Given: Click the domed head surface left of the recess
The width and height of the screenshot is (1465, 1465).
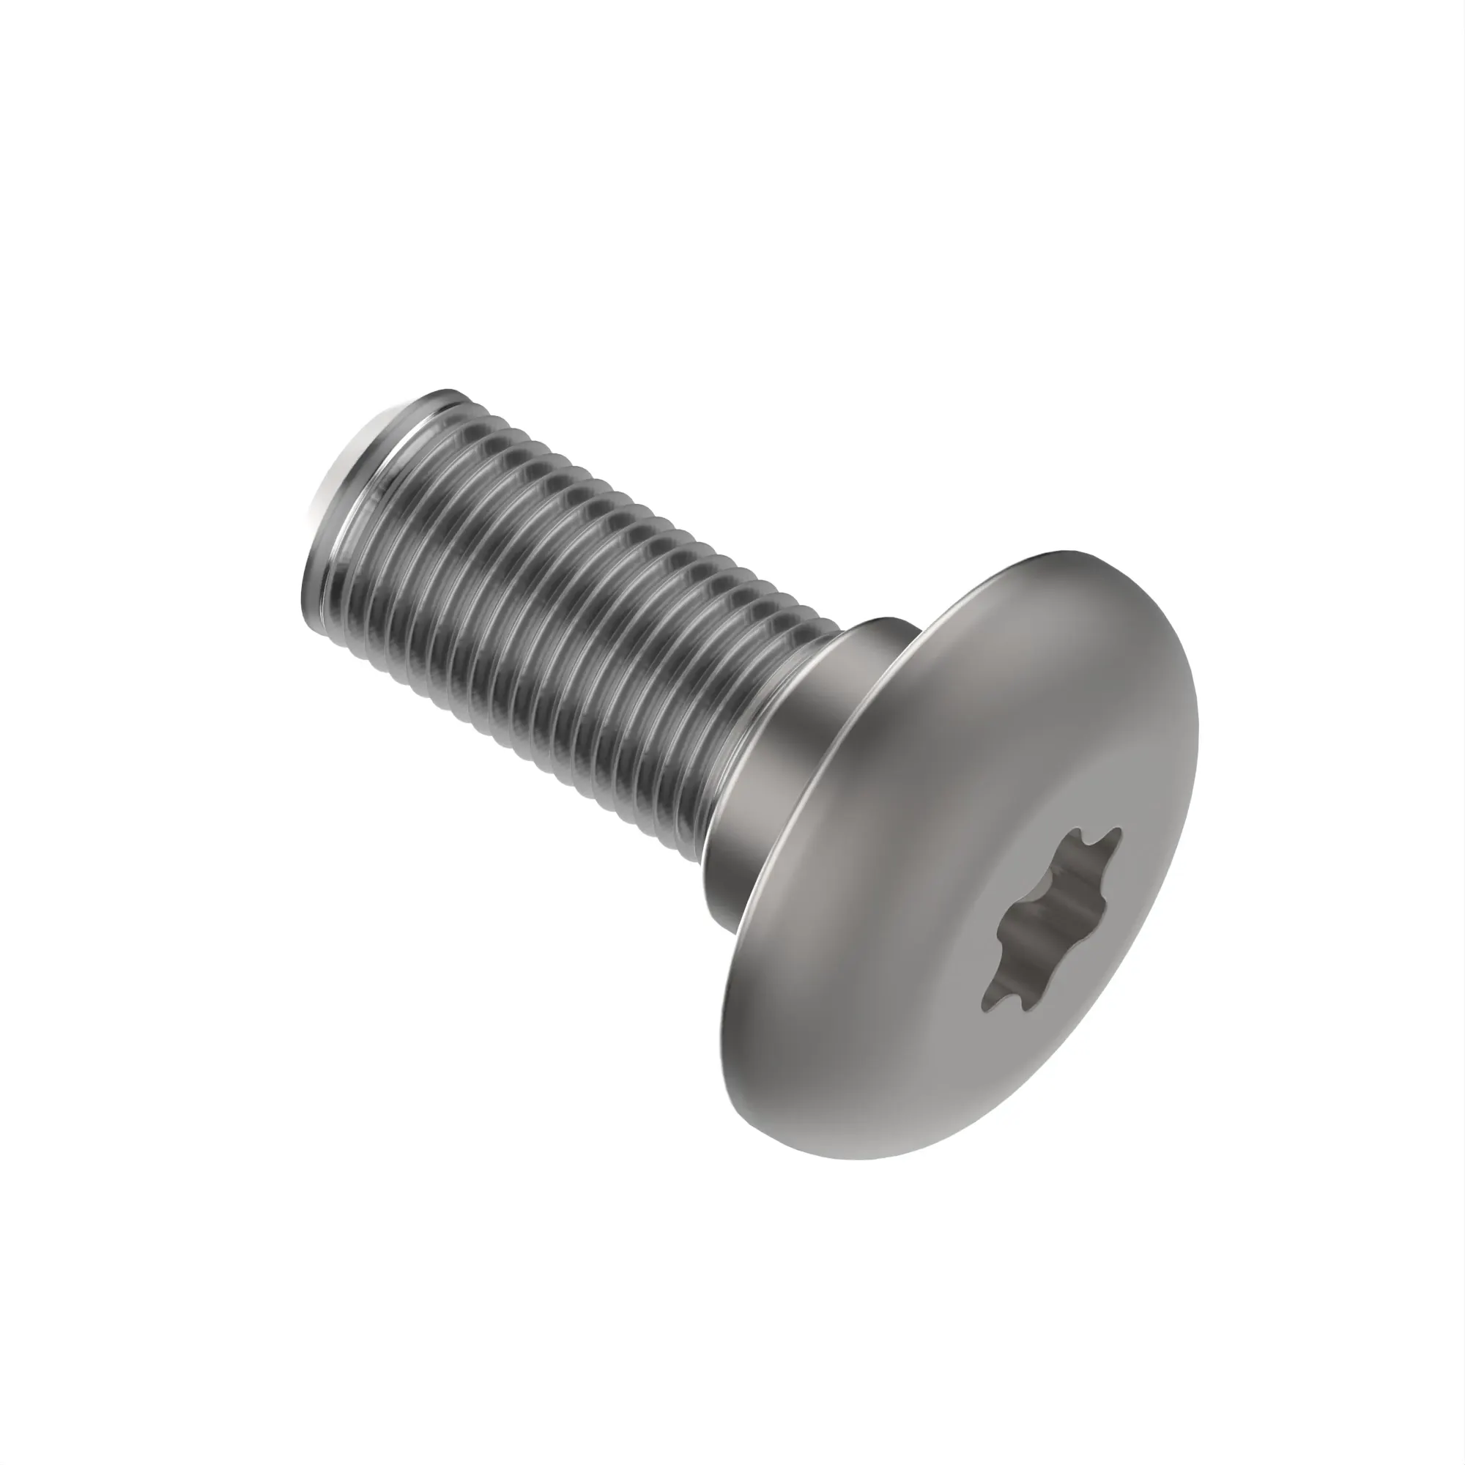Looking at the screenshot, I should [872, 986].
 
